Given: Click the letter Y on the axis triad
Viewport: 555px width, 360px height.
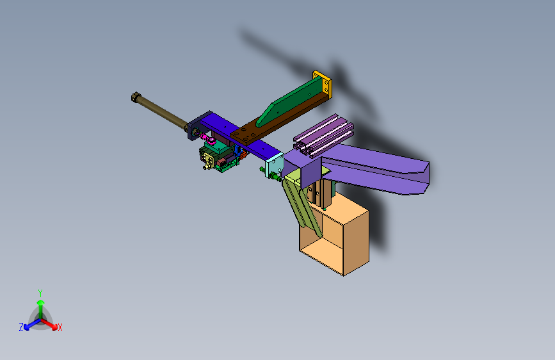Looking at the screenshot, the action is click(40, 293).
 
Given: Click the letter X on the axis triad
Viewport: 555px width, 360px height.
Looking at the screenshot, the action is click(60, 328).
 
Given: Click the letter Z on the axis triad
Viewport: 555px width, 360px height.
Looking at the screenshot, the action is click(21, 327).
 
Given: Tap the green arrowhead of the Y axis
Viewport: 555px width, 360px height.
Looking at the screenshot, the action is click(41, 302).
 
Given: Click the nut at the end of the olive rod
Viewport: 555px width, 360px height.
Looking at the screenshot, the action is click(136, 97).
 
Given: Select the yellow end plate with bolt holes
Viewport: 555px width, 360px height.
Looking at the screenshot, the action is click(322, 84).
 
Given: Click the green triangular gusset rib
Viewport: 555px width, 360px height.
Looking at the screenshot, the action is click(289, 102).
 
